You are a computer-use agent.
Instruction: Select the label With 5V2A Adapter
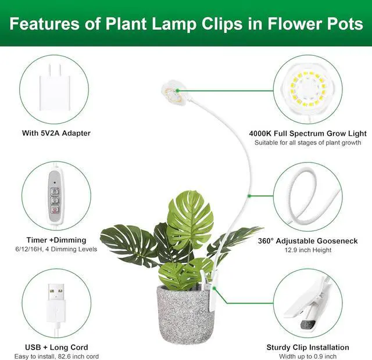[56, 133]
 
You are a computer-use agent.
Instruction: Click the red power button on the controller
[55, 210]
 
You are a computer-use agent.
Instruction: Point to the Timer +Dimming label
[56, 240]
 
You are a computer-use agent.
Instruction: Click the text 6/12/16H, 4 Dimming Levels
[56, 249]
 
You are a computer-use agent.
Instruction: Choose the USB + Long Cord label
[56, 347]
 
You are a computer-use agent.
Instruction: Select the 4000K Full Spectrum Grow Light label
[307, 134]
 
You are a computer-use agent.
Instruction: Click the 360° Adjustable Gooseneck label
[307, 241]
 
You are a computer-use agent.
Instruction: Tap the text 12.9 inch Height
[308, 250]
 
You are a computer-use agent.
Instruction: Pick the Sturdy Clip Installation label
[307, 347]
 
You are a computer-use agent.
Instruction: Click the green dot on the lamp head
[177, 91]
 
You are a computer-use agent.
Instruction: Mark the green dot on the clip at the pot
[214, 288]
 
